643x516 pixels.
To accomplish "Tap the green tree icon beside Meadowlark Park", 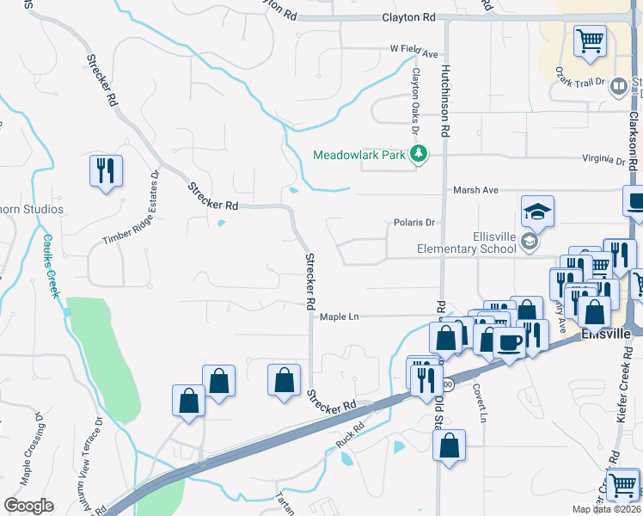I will point(419,154).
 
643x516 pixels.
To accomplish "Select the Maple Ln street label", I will point(339,316).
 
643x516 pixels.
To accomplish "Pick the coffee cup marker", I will point(510,342).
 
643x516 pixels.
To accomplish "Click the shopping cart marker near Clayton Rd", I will point(590,40).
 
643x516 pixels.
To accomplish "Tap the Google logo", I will point(28,506).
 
